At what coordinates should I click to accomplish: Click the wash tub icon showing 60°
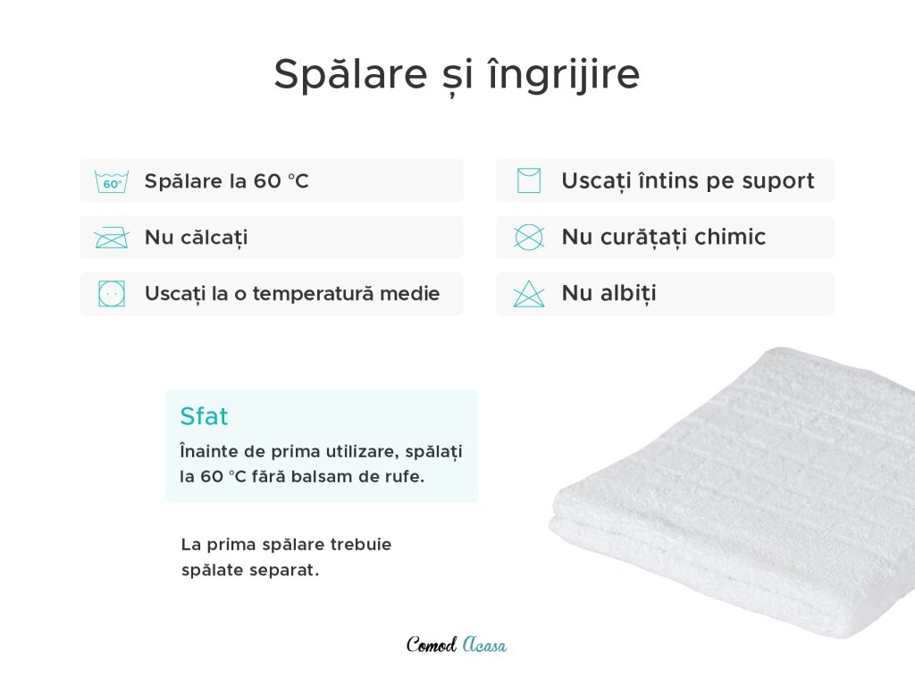[112, 182]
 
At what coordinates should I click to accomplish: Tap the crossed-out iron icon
[112, 238]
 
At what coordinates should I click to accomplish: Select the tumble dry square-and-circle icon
[112, 293]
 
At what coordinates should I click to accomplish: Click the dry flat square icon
[529, 180]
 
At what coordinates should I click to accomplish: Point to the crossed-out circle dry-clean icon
[529, 238]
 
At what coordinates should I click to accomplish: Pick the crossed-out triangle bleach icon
[529, 294]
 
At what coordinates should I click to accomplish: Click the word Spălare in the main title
[350, 74]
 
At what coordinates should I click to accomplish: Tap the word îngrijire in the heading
[565, 74]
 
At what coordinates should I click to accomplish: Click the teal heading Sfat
[204, 416]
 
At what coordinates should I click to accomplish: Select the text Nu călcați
[197, 238]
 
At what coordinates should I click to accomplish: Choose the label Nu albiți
[609, 293]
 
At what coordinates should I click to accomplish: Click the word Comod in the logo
[432, 645]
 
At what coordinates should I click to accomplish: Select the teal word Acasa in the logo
[484, 645]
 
